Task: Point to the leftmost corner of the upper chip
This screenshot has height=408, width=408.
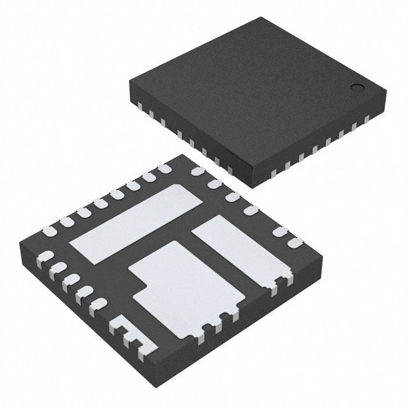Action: point(128,79)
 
